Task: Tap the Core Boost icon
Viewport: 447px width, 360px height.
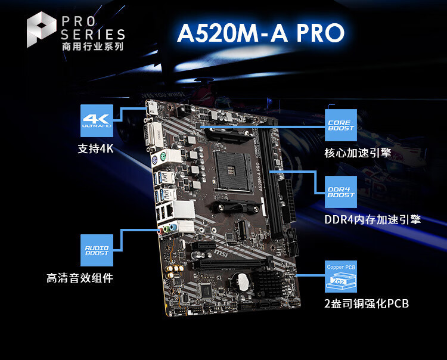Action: click(x=340, y=125)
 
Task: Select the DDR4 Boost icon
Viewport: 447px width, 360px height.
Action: click(x=340, y=191)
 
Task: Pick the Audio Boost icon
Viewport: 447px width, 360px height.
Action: click(x=97, y=250)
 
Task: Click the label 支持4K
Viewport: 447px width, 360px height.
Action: click(x=95, y=148)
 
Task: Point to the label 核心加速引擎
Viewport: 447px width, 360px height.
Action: click(x=358, y=152)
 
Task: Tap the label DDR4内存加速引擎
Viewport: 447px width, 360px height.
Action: click(x=372, y=219)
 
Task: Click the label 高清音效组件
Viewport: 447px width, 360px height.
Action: click(x=80, y=278)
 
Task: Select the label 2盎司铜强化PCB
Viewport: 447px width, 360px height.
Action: click(x=367, y=304)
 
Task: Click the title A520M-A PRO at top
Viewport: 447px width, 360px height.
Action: click(x=260, y=33)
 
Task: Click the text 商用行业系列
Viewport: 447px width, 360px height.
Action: click(x=92, y=46)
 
